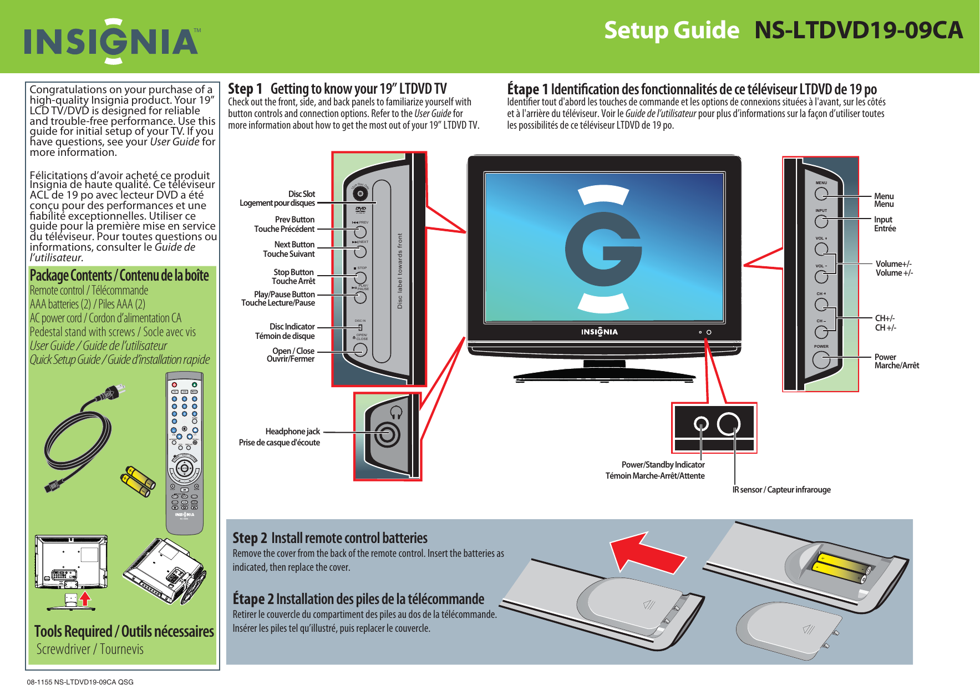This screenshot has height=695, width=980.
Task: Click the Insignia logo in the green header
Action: [x=111, y=41]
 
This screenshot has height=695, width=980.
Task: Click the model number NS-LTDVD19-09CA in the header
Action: [x=858, y=30]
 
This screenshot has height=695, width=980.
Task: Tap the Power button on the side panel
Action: [x=821, y=359]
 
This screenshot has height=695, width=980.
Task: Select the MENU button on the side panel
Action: [x=821, y=194]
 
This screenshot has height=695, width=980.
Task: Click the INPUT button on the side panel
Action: [x=821, y=221]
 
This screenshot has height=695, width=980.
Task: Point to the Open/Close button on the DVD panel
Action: [x=360, y=349]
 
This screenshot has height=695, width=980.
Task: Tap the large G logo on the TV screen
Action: [x=603, y=250]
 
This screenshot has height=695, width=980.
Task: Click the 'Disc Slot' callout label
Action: [x=301, y=194]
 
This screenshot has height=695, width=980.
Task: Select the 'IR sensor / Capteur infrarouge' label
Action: [x=781, y=489]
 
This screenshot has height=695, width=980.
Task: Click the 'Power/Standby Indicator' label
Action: [x=663, y=465]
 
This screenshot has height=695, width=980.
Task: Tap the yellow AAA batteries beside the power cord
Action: [x=137, y=481]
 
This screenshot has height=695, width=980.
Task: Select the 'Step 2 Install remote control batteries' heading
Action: [x=330, y=538]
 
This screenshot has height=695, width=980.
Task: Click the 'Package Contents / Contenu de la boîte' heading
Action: [x=119, y=276]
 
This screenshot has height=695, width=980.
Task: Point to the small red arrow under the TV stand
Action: [x=85, y=598]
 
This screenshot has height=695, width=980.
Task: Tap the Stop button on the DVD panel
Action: [x=360, y=277]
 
